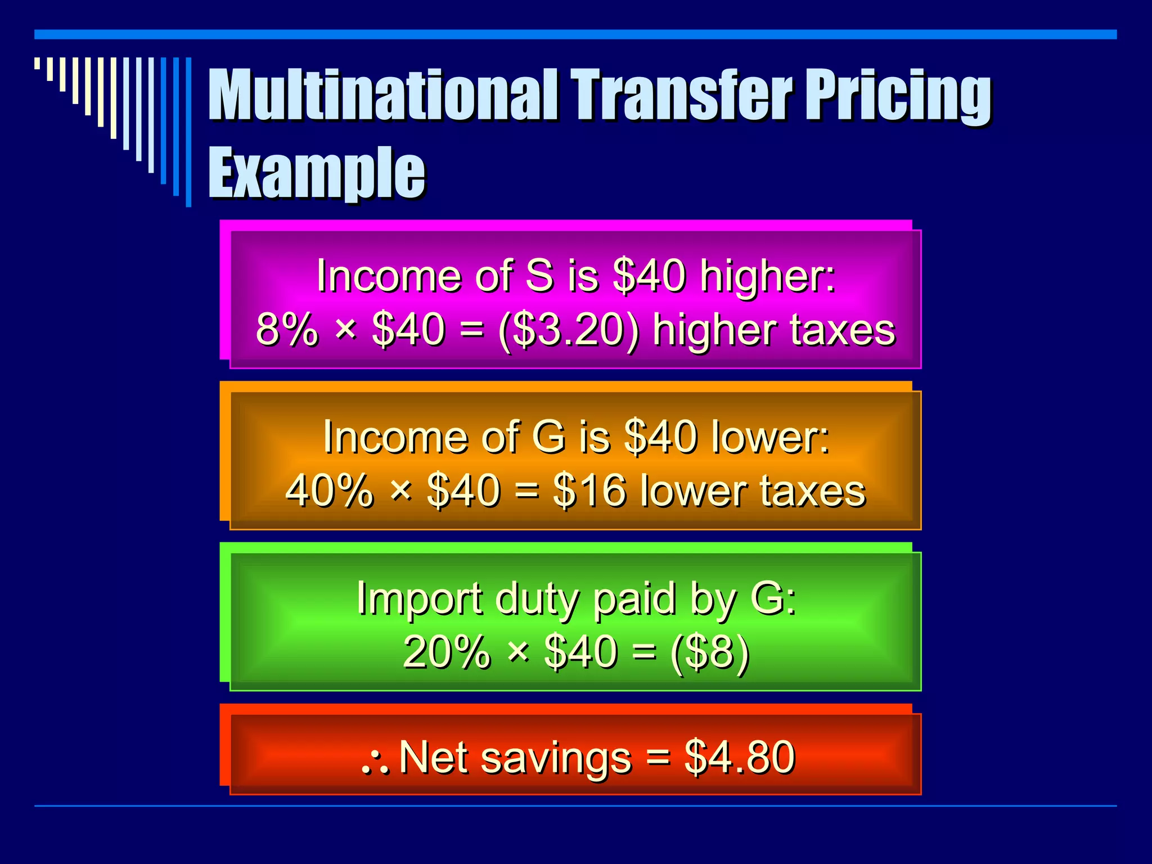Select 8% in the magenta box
click(286, 330)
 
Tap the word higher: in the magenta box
click(767, 276)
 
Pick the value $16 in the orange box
click(589, 491)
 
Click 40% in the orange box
click(329, 491)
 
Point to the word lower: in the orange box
click(770, 437)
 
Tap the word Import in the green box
click(419, 600)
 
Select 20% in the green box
click(447, 652)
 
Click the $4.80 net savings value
click(739, 757)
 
